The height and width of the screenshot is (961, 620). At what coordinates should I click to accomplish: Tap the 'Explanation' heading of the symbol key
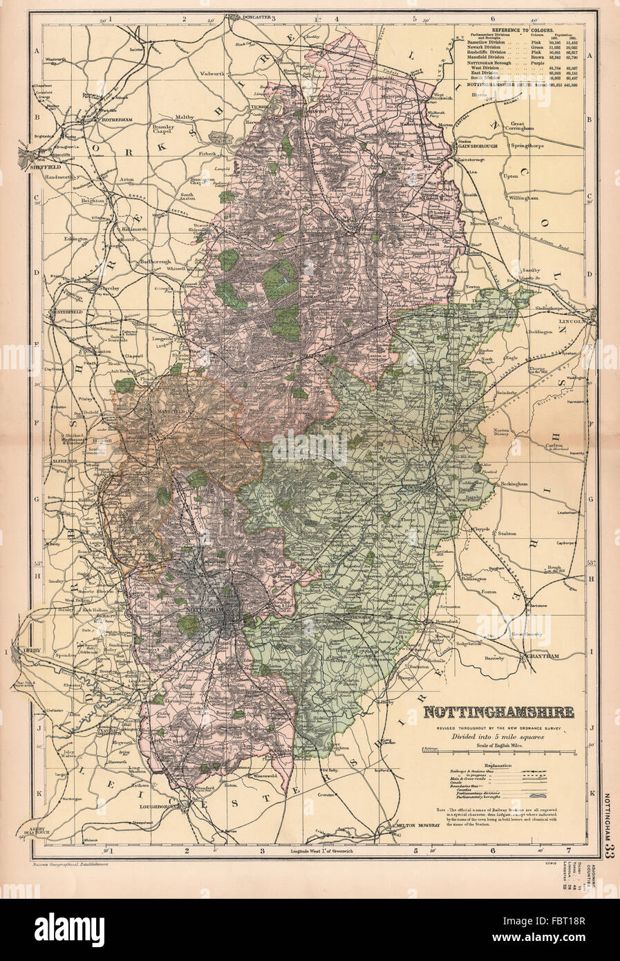pyautogui.click(x=498, y=765)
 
